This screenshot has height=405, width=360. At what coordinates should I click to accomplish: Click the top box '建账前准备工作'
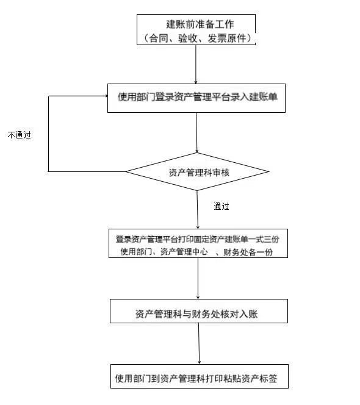pos(196,30)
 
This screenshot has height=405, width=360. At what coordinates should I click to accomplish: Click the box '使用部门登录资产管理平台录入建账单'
pos(196,98)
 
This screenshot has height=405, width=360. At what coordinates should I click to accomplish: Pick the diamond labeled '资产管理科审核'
pos(197,172)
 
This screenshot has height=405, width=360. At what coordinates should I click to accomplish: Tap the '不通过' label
pos(20,135)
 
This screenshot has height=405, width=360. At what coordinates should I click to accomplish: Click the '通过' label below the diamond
pos(221,206)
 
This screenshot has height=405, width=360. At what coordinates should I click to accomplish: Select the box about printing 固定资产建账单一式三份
pos(198,243)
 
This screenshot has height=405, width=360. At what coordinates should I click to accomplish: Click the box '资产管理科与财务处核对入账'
pos(199,311)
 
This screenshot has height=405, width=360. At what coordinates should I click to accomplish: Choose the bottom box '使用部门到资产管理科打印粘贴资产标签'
pos(200,376)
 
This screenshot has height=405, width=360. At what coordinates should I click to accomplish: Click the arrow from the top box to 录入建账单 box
pos(196,65)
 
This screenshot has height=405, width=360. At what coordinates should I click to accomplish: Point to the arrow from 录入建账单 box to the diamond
pos(196,132)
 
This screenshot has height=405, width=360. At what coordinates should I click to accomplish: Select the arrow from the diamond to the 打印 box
pos(198,210)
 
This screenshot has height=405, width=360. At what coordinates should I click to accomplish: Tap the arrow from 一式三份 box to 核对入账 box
pos(198,278)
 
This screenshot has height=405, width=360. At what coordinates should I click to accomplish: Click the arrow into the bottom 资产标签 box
pos(199,344)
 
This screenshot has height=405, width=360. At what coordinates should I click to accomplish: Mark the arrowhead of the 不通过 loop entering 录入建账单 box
pos(106,96)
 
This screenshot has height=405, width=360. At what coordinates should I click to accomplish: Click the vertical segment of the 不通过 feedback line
pos(49,134)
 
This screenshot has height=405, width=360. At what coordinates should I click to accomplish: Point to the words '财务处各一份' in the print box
pos(248,252)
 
